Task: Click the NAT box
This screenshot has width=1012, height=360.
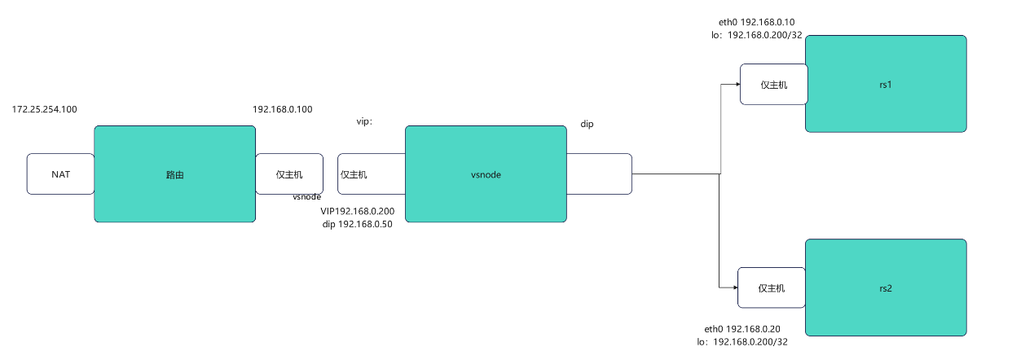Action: click(x=60, y=173)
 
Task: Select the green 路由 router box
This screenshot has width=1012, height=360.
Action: click(x=174, y=173)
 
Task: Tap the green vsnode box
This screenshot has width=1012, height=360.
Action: click(x=486, y=173)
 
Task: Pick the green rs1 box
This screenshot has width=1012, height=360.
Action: click(x=886, y=83)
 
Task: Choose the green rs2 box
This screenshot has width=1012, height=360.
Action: click(x=886, y=288)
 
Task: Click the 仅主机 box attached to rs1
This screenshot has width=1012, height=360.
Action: click(x=773, y=85)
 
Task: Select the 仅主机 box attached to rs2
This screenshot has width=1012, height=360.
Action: click(x=771, y=288)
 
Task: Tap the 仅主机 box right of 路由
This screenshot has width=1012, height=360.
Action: click(x=289, y=173)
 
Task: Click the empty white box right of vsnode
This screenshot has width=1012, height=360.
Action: click(x=599, y=173)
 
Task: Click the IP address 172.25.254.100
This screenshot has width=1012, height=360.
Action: click(x=45, y=108)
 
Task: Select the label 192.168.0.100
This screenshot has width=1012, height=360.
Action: click(x=283, y=108)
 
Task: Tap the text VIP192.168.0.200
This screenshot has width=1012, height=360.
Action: click(x=357, y=211)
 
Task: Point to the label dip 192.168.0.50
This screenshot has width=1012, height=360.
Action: click(x=357, y=224)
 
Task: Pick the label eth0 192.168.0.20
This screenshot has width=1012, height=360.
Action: click(x=742, y=328)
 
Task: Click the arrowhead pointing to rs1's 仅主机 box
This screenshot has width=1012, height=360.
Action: click(x=736, y=84)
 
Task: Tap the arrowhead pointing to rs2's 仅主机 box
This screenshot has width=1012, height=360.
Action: click(x=733, y=287)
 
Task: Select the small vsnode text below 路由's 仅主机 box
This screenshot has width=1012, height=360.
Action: click(x=306, y=196)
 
